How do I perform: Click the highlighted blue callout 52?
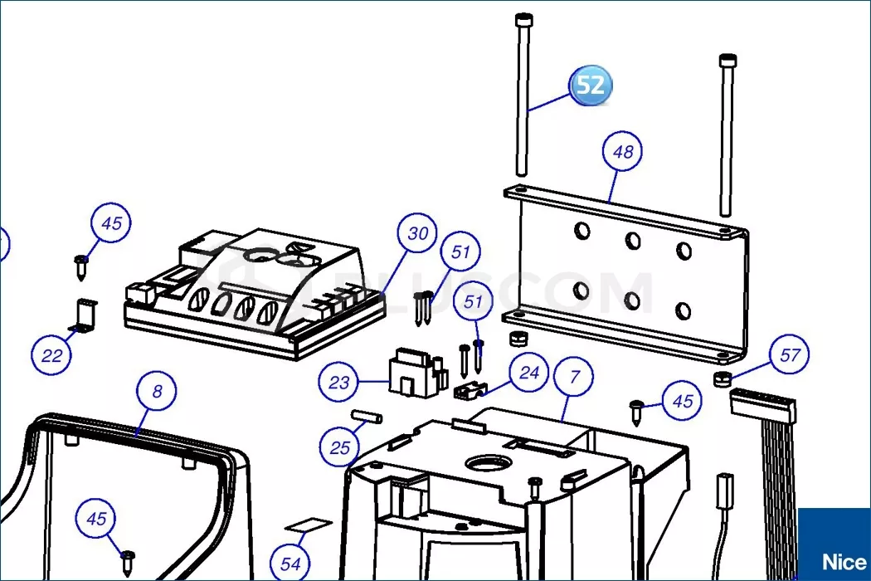coord(591,85)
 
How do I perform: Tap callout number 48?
coord(623,151)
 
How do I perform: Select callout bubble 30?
coord(418,233)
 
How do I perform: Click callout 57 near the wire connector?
coord(790,354)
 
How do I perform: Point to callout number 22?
coord(51,355)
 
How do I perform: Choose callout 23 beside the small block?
coord(338,383)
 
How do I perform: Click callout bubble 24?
coord(529,372)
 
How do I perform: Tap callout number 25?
coord(340,447)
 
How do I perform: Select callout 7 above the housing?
coord(574,377)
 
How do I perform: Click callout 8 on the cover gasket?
coord(158,391)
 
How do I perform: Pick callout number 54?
coord(290,564)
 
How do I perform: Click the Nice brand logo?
coord(844,562)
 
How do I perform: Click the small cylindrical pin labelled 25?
coord(365,417)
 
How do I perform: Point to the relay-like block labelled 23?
coord(418,373)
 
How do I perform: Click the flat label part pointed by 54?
coord(309,525)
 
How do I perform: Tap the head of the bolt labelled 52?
coord(523,20)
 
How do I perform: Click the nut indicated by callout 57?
coord(721,379)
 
